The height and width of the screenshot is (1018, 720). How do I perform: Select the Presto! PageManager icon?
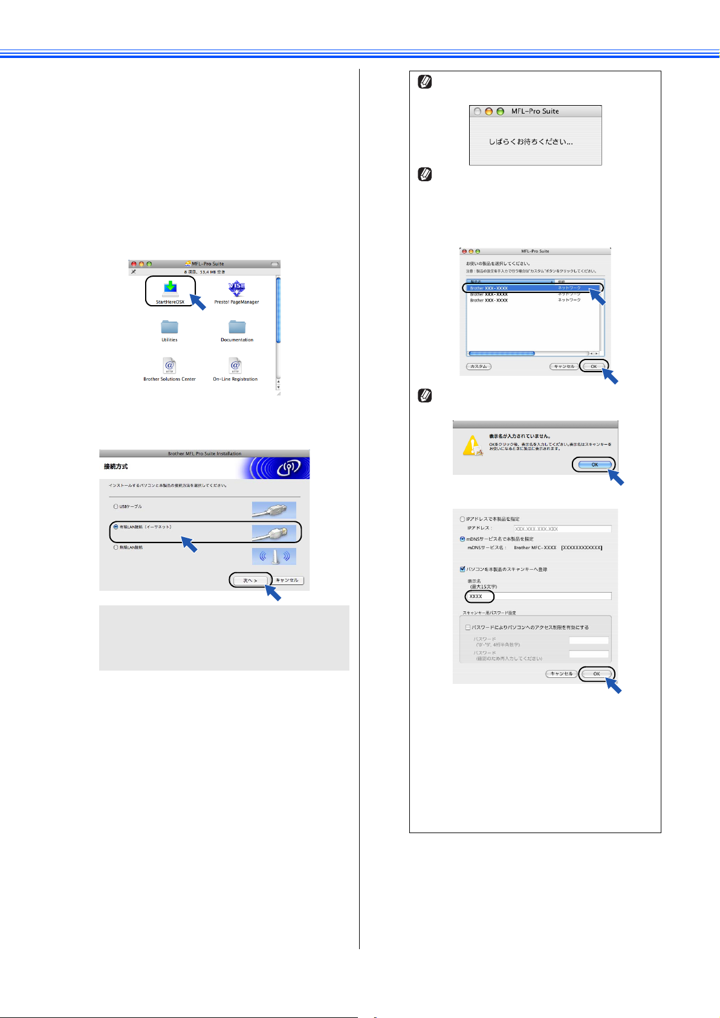236,288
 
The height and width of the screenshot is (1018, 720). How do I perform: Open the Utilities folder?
169,327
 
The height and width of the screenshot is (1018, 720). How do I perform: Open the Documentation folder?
237,327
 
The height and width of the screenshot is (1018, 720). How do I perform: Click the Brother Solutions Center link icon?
169,366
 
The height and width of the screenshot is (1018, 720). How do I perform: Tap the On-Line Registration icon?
235,366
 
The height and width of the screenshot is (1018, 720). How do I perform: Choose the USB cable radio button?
116,506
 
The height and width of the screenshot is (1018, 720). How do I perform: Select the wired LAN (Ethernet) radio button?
116,527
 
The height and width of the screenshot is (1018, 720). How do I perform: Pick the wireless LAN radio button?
116,547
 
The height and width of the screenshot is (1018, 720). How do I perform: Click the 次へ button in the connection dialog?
250,581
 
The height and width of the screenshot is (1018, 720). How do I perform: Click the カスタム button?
479,367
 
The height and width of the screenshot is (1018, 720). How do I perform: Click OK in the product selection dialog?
594,367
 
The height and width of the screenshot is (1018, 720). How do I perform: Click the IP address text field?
562,529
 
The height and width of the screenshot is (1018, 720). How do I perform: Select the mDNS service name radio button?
463,539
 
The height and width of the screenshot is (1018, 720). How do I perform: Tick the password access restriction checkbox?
468,628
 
